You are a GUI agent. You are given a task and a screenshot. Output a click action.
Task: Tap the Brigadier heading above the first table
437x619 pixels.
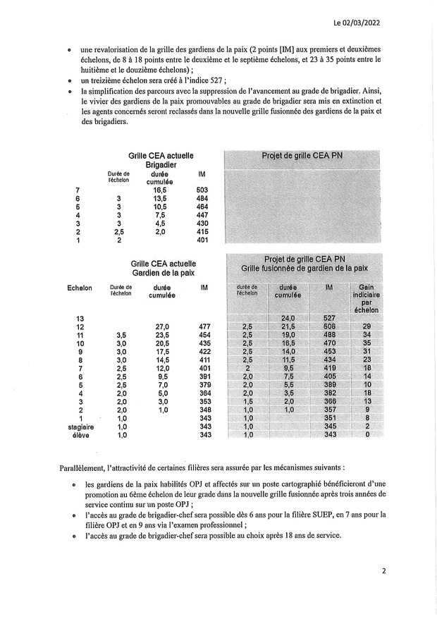point(161,164)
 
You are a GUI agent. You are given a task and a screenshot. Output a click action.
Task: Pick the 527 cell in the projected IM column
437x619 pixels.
point(329,318)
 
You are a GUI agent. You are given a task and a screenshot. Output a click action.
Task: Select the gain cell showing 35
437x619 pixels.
point(367,343)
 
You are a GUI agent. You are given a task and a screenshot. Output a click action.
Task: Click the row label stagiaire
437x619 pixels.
point(80,427)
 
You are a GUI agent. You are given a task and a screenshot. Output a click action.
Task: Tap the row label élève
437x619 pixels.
point(80,436)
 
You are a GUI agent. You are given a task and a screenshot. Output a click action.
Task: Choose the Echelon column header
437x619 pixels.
point(80,288)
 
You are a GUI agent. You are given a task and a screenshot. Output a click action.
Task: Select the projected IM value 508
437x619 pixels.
point(329,326)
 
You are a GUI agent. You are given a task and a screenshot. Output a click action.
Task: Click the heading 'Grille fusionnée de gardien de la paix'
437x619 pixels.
point(304,269)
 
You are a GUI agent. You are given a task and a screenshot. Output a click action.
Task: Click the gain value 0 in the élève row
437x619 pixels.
point(367,435)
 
